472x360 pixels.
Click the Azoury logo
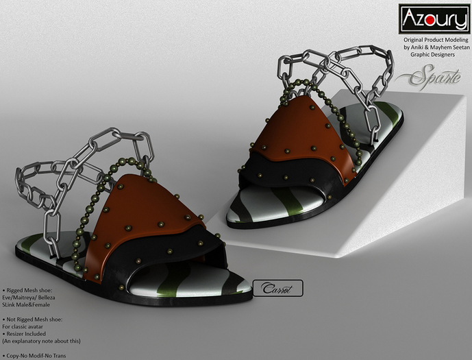434,19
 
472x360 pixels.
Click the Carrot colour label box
278,288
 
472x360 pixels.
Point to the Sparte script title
428,77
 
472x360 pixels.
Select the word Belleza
47,298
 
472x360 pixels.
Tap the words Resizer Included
26,334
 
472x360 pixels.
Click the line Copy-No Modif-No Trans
36,356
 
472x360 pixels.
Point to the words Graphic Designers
432,55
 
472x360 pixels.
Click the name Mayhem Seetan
450,47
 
